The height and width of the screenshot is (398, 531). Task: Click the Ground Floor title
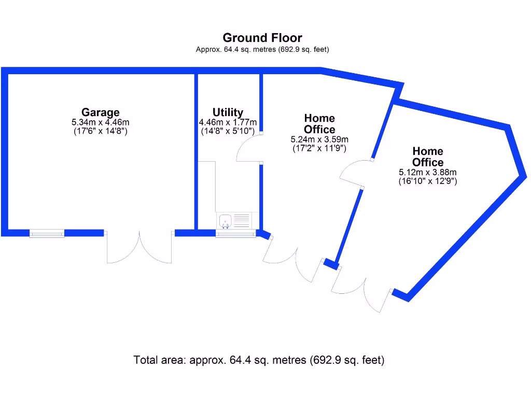(x=262, y=38)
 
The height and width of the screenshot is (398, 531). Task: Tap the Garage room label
(x=100, y=112)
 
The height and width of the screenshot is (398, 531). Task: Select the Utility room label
(x=228, y=112)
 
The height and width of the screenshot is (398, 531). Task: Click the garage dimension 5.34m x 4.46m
(x=100, y=122)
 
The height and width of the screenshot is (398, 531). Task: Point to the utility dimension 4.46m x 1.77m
(x=228, y=122)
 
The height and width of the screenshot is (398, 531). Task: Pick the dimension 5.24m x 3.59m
(x=319, y=139)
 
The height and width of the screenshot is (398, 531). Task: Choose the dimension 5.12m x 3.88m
(x=427, y=173)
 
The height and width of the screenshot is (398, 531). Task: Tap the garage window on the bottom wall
(x=47, y=234)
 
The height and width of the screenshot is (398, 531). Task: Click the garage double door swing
(x=139, y=249)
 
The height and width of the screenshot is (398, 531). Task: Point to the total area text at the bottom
(x=259, y=360)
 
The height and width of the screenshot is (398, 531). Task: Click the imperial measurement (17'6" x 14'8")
(x=100, y=131)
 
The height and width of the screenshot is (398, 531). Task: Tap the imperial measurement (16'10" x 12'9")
(x=427, y=181)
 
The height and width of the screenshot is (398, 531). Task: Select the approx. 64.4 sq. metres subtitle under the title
(x=262, y=50)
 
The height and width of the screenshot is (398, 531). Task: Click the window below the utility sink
(x=235, y=234)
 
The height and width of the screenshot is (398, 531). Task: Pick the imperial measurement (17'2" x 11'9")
(x=319, y=148)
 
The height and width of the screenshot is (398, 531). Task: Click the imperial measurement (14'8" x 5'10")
(x=228, y=131)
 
